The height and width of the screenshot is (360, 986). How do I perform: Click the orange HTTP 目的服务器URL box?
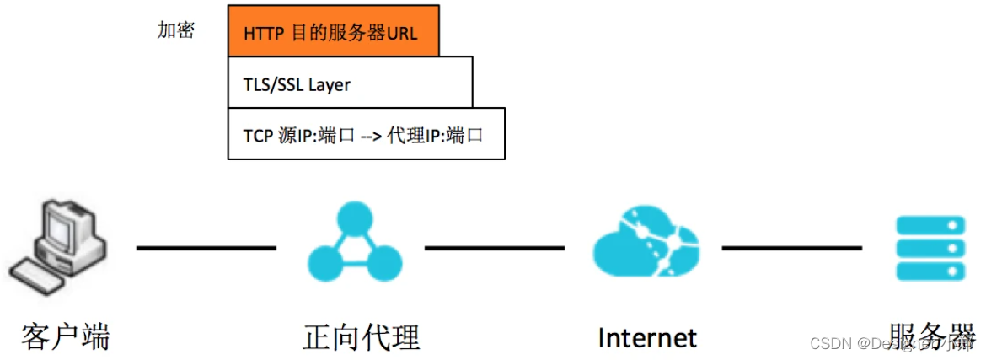point(333,31)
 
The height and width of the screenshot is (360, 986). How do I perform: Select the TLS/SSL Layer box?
point(350,83)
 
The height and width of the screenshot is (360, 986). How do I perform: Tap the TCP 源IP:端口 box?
point(366,133)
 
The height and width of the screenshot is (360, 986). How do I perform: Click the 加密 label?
point(175,30)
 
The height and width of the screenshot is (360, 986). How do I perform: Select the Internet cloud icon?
point(646,244)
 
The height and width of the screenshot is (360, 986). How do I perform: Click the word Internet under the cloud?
point(646,337)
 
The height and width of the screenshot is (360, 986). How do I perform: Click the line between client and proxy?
point(206,248)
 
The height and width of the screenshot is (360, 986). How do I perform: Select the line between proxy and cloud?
point(495,248)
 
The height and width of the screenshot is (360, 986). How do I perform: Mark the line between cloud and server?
point(791,248)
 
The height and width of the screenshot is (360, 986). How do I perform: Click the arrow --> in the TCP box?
point(371,135)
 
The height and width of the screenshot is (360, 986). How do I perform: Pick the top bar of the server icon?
point(930,226)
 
